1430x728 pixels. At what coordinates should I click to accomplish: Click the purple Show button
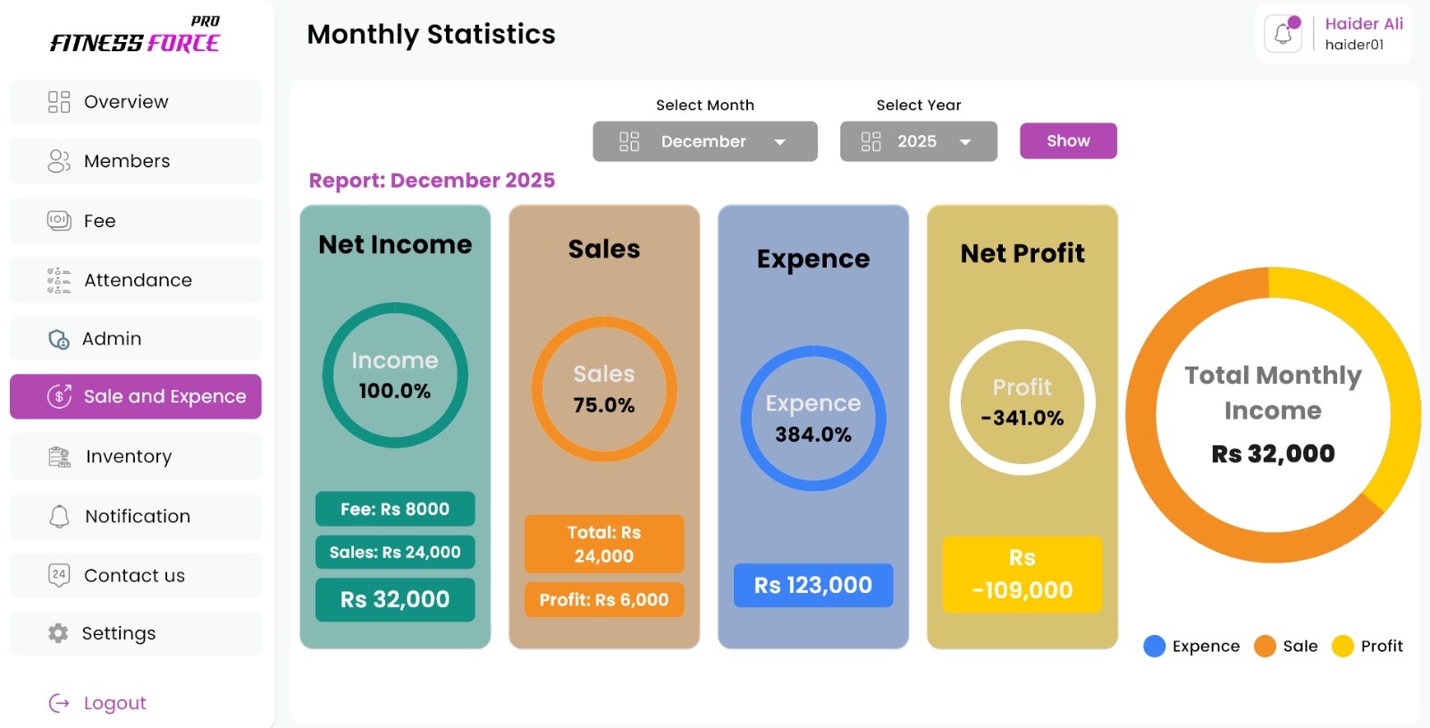click(x=1068, y=141)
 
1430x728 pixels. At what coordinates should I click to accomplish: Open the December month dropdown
click(x=704, y=141)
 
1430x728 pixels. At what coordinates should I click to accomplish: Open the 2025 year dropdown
click(x=918, y=141)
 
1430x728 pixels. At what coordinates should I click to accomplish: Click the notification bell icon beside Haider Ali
click(x=1283, y=35)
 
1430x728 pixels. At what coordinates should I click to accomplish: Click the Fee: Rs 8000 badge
click(x=395, y=509)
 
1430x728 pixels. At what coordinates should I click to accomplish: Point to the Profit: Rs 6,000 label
click(x=604, y=600)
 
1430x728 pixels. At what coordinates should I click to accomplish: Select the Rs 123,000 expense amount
click(x=813, y=586)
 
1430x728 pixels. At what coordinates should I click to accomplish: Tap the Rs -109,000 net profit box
click(x=1022, y=574)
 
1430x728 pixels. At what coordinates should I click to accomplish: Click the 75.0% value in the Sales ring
click(x=604, y=405)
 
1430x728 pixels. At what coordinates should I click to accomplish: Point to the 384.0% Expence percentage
click(x=813, y=435)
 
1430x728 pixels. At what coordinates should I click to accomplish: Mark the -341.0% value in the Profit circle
click(x=1022, y=418)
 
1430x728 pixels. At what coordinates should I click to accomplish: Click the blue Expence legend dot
click(x=1155, y=646)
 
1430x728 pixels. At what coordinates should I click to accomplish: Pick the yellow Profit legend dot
click(x=1342, y=646)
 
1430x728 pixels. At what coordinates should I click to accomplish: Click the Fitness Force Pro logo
click(x=135, y=36)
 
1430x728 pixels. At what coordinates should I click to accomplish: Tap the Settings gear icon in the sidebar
click(x=58, y=633)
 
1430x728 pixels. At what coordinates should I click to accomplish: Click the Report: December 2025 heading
click(x=432, y=181)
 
